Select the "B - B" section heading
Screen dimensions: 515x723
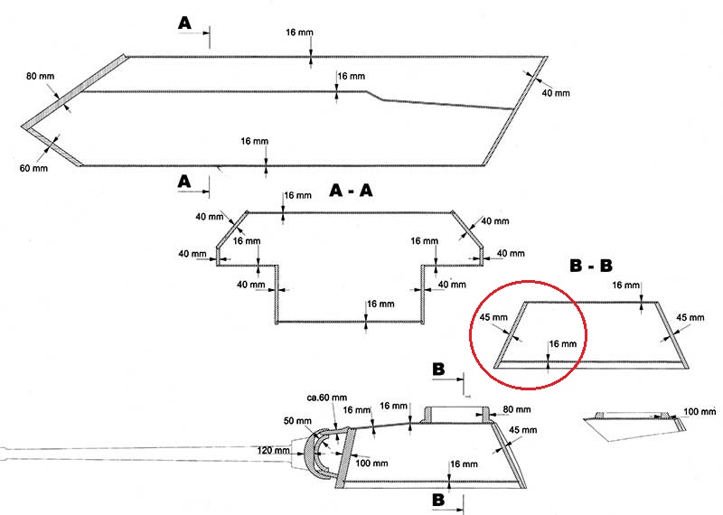591,267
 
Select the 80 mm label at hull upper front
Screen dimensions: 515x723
37,76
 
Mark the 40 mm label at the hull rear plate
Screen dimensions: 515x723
556,93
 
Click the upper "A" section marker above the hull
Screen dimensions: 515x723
184,23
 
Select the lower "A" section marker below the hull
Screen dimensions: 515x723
184,182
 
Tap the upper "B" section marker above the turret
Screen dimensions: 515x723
438,370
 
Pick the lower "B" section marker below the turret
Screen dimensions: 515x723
438,499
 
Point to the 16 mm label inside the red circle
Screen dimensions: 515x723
562,344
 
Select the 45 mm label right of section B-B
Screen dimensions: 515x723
689,317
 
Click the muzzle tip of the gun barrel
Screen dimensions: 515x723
3,454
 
